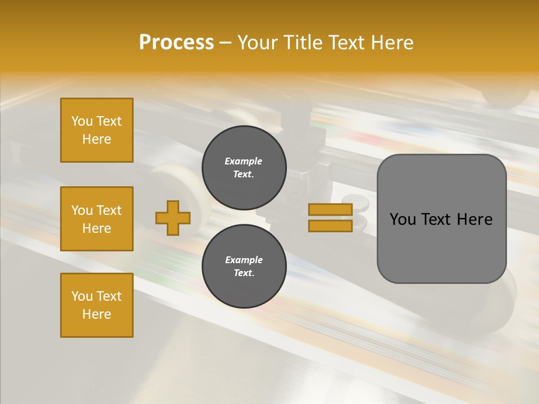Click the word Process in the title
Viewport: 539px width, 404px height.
point(176,43)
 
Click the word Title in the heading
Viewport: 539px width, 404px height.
point(301,43)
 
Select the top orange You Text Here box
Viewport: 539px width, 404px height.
point(97,130)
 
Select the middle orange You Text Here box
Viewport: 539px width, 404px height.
point(97,219)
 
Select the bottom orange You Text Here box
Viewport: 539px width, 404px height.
point(97,305)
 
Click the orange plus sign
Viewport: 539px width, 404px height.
point(173,218)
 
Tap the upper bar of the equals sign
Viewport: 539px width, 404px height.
point(330,209)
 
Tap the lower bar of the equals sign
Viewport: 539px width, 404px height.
point(330,226)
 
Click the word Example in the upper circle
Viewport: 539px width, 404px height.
point(244,161)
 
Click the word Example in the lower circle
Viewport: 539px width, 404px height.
point(244,260)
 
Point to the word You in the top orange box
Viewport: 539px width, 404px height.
point(82,121)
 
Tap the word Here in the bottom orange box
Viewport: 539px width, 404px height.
point(97,314)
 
